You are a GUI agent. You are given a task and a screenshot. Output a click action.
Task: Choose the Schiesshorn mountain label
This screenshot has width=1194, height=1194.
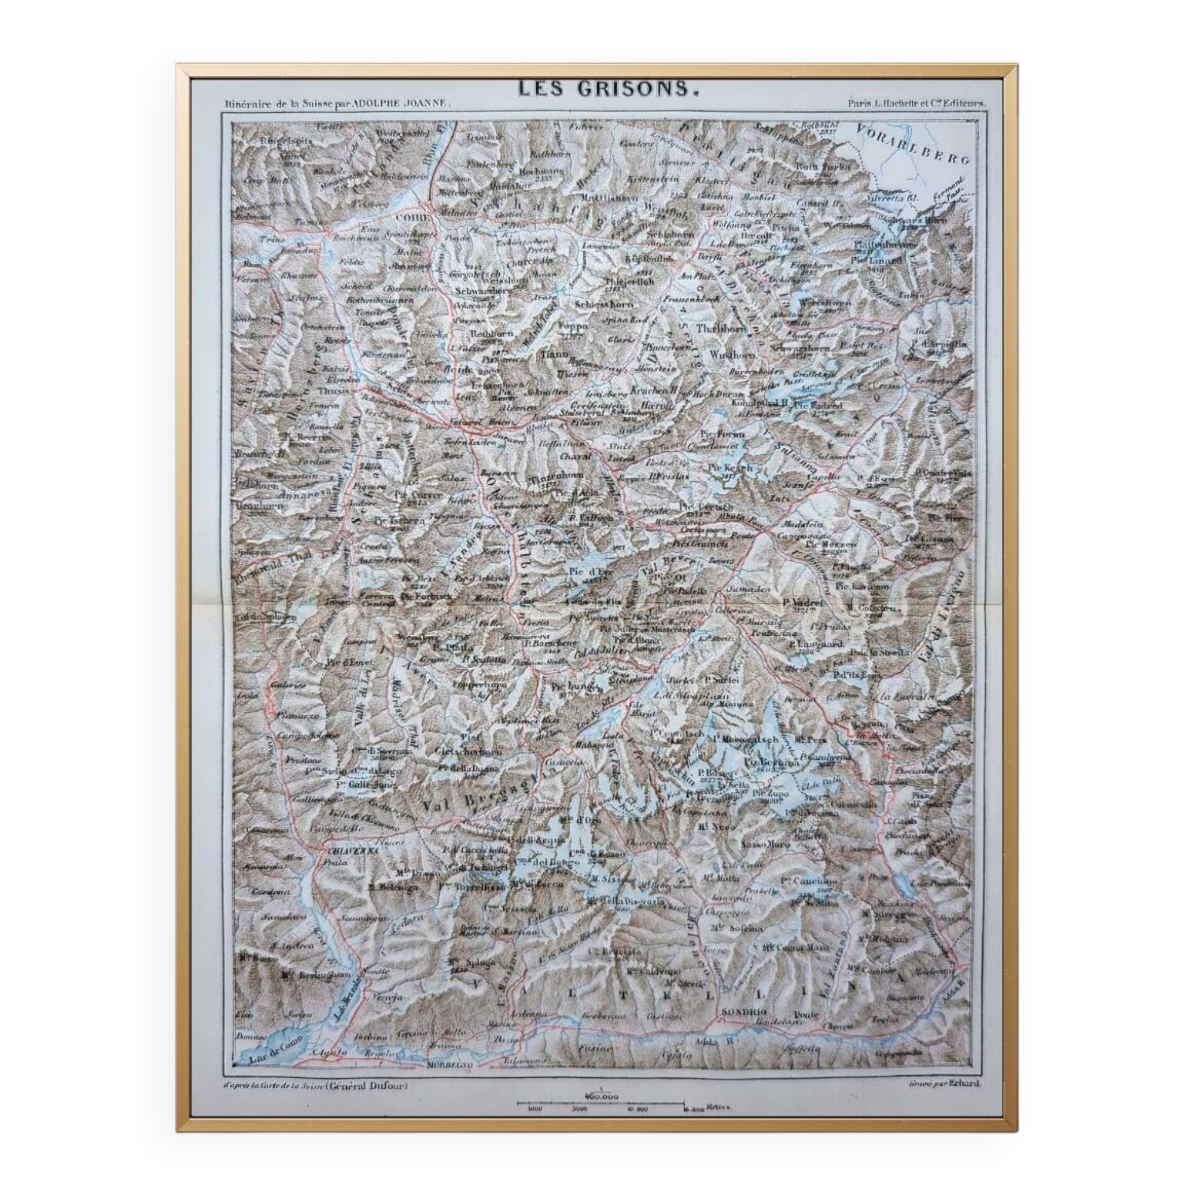[597, 304]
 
